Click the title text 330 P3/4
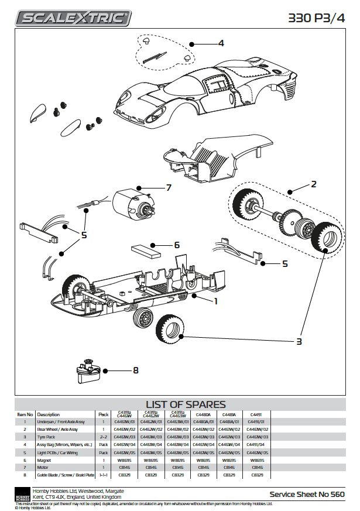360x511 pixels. [317, 18]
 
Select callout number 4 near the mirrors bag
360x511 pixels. [221, 43]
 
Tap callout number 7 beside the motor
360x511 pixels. [168, 188]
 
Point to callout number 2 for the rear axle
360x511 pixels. [314, 184]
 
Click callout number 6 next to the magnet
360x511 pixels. [176, 245]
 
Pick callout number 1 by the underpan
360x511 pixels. [216, 301]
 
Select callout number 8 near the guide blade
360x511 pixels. [136, 370]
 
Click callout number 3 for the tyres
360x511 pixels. [299, 341]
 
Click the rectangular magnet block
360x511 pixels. [146, 251]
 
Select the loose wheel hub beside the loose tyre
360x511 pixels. [143, 320]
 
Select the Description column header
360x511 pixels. [49, 414]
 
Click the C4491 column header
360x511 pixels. [253, 413]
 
